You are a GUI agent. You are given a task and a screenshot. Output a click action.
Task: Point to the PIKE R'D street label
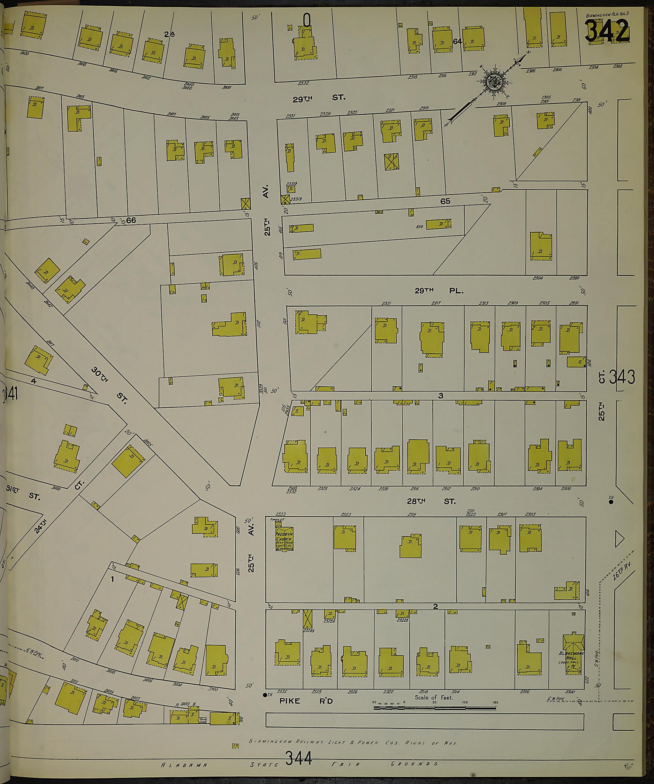[x=306, y=701]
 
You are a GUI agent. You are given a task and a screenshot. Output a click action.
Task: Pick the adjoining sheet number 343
[x=622, y=377]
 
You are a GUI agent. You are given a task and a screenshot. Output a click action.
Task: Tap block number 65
[x=445, y=201]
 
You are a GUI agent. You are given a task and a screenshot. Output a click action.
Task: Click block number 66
[x=131, y=220]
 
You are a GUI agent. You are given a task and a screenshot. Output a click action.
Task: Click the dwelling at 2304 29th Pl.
[x=541, y=246]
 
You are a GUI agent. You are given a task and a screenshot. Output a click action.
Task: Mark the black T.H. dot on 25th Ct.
[x=611, y=502]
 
